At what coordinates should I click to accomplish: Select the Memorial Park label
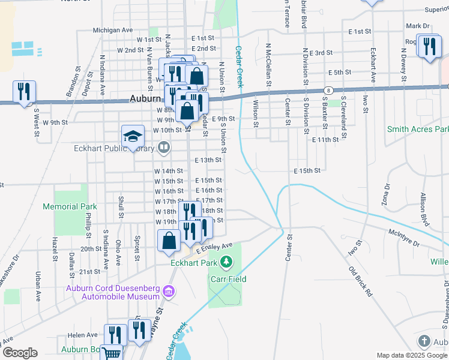click(70, 206)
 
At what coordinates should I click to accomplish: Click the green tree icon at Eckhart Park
click(226, 262)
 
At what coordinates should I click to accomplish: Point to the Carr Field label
click(228, 279)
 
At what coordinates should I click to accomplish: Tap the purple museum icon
click(169, 292)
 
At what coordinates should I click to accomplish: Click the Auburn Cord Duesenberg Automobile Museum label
click(112, 292)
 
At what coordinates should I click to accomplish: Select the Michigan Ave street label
click(112, 29)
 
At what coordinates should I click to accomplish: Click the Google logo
click(20, 353)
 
